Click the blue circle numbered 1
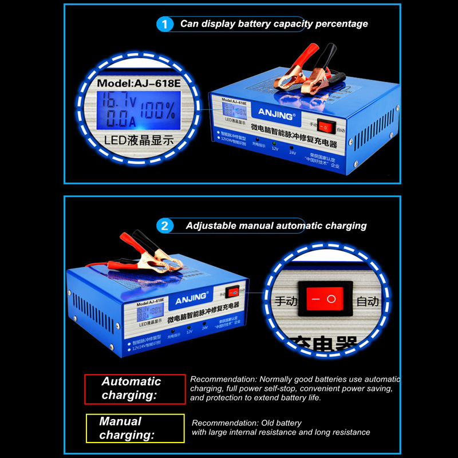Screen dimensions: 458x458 [165, 24]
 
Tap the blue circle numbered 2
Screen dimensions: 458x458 [165, 226]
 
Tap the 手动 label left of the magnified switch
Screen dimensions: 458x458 [286, 301]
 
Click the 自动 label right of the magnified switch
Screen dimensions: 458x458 [368, 301]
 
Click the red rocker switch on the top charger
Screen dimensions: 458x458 [325, 126]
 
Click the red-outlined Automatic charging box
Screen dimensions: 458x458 [135, 389]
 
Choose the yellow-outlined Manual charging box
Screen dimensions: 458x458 [135, 428]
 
